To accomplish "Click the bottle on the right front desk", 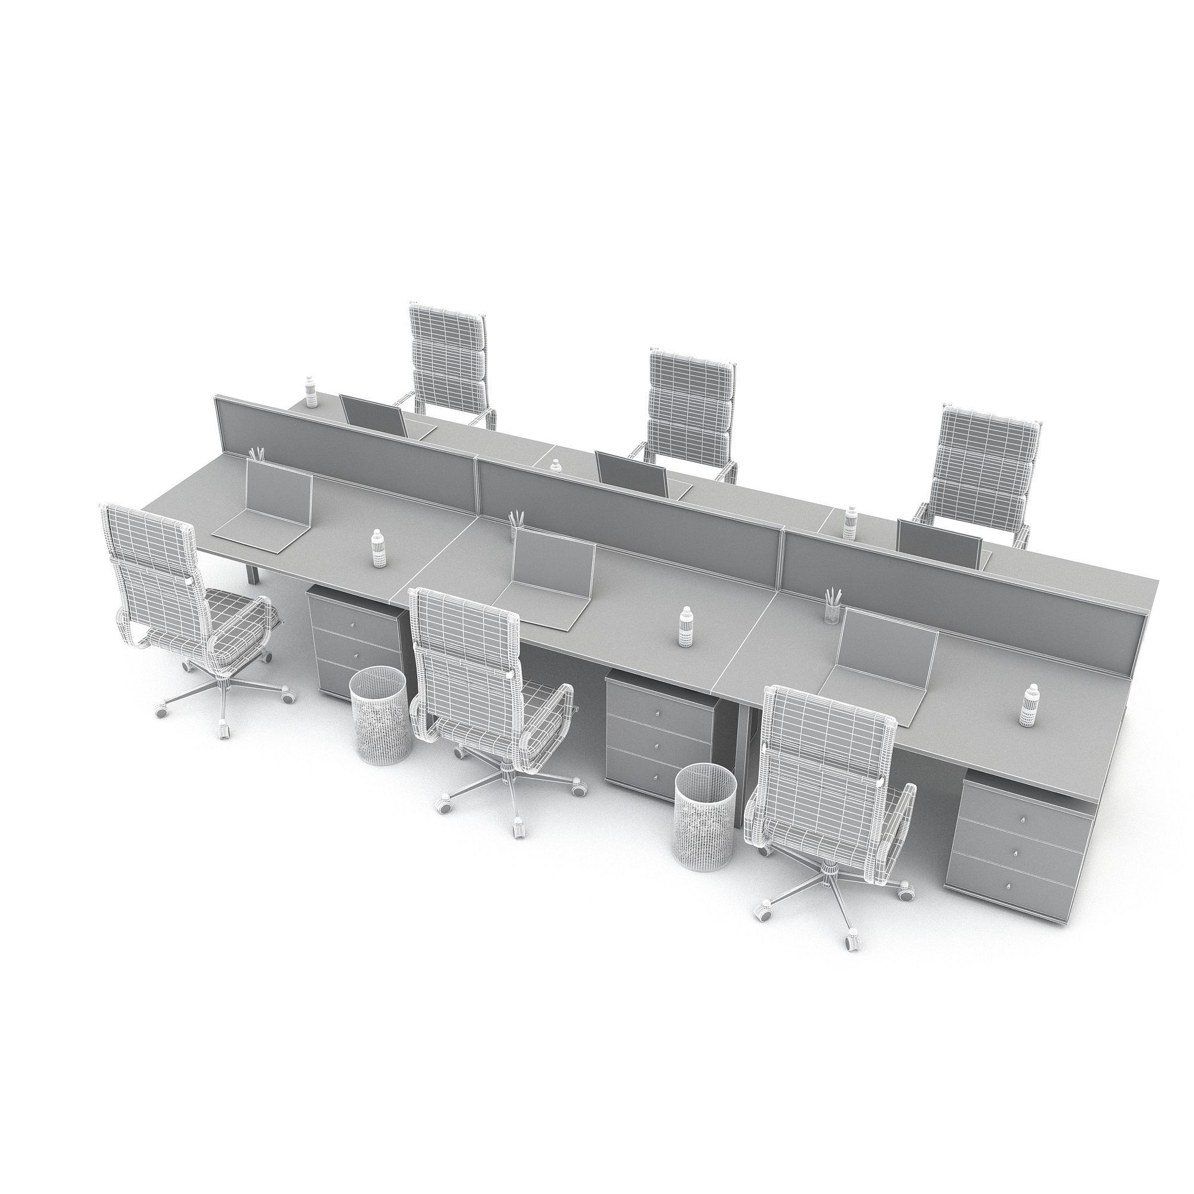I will point(1029,704).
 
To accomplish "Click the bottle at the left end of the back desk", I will point(310,393).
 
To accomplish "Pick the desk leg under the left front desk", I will point(253,568).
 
